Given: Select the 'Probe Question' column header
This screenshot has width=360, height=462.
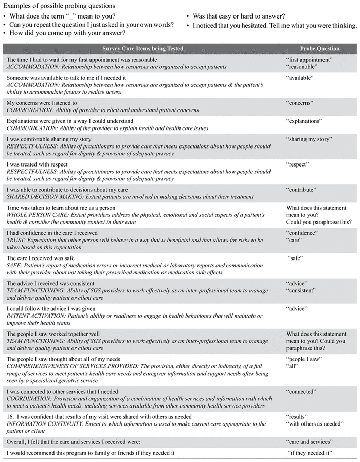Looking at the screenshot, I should (320, 49).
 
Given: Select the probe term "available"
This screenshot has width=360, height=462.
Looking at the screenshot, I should (300, 78).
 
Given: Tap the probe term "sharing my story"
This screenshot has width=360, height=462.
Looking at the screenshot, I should (309, 139).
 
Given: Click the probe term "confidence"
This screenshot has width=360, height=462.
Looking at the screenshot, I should (302, 233).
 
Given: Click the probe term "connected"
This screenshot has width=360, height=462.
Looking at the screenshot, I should (301, 391).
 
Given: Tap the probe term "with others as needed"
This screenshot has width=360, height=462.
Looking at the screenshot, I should (314, 424).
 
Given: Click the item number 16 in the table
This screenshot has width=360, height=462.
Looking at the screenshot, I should (10, 416).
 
